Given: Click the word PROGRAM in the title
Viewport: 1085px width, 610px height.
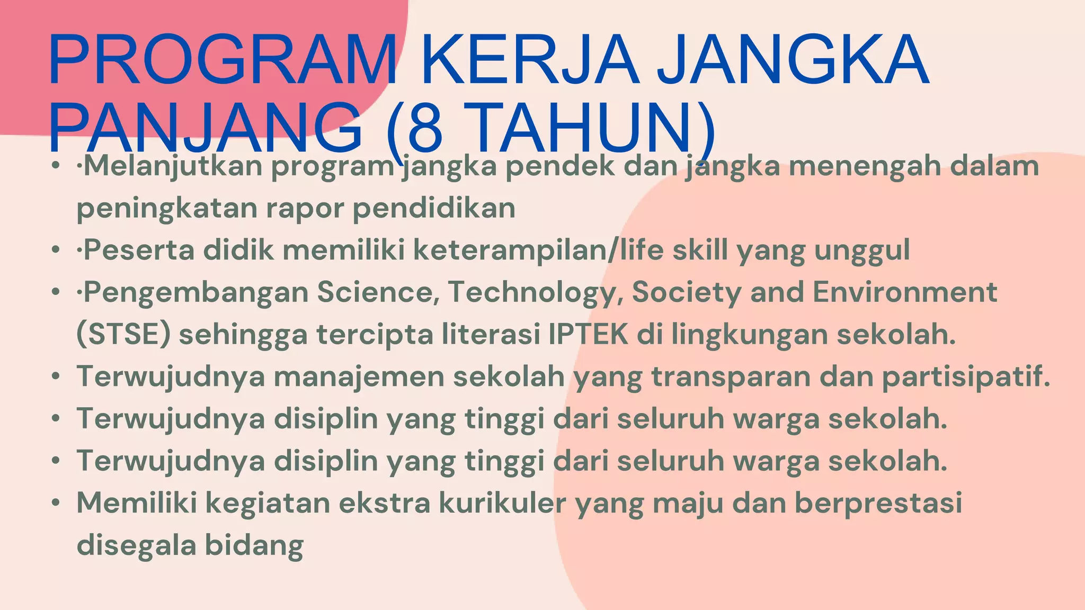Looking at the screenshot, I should (x=223, y=59).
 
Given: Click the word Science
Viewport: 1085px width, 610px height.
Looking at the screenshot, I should (x=378, y=292).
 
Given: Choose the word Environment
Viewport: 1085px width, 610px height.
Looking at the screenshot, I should (x=905, y=292).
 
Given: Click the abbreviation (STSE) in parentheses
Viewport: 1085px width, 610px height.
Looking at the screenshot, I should (x=123, y=335).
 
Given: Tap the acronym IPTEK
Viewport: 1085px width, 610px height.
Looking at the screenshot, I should (x=588, y=335).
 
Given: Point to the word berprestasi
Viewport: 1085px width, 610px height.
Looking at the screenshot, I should (x=879, y=504).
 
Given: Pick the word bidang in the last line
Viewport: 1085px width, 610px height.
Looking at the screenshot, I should (x=254, y=545).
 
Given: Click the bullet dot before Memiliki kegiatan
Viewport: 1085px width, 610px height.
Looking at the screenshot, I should (x=56, y=503).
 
